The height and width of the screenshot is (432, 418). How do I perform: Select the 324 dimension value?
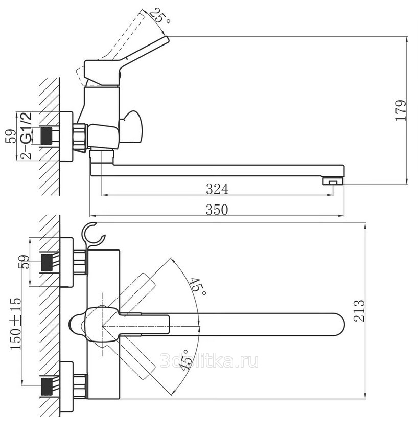pos(217,189)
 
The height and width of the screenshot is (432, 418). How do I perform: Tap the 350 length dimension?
pos(217,209)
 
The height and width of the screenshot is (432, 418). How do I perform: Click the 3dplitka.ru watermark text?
pos(209,361)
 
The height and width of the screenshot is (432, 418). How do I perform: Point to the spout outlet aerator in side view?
pos(333,181)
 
